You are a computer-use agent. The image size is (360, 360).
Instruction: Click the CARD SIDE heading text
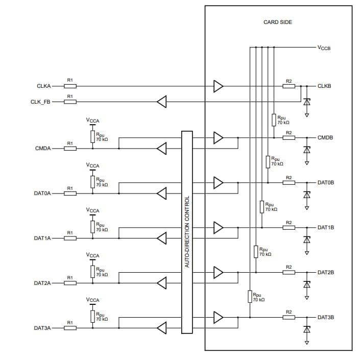278,22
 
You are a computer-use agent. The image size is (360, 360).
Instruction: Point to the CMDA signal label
42,149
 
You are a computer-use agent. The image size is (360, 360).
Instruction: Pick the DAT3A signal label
43,328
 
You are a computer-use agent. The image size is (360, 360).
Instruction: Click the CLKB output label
324,86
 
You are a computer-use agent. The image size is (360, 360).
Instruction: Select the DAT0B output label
325,182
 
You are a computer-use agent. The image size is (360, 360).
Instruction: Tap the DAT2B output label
325,272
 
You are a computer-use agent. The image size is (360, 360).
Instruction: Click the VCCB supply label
324,47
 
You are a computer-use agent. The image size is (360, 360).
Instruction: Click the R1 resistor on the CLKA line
70,86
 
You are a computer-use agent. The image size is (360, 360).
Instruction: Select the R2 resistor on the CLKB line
289,86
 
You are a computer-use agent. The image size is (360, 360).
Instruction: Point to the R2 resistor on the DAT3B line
289,317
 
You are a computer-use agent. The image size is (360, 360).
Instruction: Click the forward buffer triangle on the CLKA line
219,86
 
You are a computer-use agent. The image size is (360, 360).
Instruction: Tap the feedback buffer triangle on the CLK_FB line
162,102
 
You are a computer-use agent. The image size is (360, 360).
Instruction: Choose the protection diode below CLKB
306,102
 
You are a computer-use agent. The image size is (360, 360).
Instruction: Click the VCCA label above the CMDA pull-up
93,121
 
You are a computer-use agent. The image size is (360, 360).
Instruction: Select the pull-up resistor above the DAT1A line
92,226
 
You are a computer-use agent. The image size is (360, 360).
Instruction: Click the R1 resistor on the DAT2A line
70,283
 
